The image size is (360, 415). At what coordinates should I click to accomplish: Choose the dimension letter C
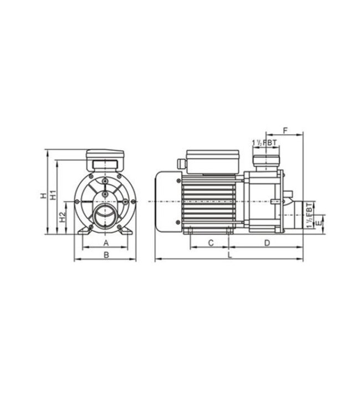[210, 243]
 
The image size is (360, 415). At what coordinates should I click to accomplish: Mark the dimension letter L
[229, 255]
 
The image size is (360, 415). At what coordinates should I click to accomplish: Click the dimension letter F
[285, 130]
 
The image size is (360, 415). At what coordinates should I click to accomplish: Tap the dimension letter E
[316, 225]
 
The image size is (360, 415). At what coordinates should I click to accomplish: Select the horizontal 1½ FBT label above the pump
[264, 143]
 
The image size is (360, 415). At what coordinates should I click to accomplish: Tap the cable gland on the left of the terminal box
[180, 163]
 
